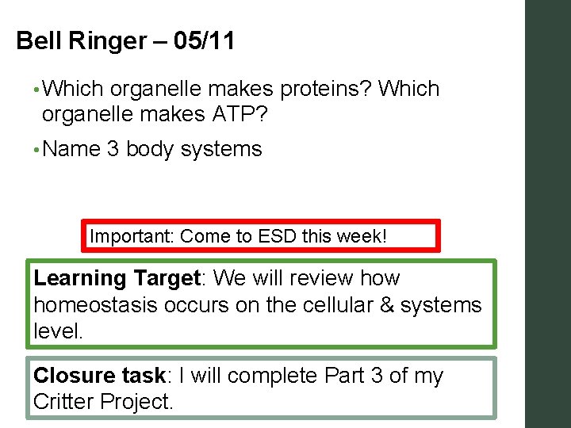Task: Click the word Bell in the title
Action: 36,40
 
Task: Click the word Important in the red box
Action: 132,236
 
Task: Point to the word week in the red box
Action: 360,236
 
